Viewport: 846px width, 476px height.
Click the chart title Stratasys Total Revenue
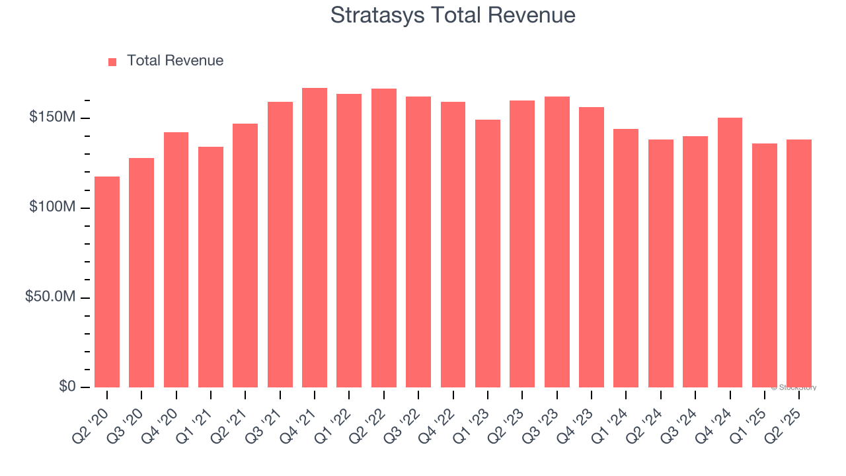click(453, 15)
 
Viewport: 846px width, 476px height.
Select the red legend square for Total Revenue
click(112, 61)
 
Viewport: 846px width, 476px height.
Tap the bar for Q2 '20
click(107, 282)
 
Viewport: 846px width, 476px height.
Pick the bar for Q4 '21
click(315, 237)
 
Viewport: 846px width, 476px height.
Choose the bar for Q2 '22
click(384, 238)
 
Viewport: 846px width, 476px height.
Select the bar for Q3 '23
click(557, 242)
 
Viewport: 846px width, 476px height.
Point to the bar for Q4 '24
click(730, 253)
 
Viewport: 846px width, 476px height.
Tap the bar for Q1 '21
click(211, 267)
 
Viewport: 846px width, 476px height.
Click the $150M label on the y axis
click(52, 118)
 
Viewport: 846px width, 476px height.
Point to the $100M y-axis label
click(52, 208)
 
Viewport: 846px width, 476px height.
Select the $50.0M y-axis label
click(50, 297)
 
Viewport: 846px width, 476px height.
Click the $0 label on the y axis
click(66, 387)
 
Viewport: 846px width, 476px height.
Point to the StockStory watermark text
click(794, 387)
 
